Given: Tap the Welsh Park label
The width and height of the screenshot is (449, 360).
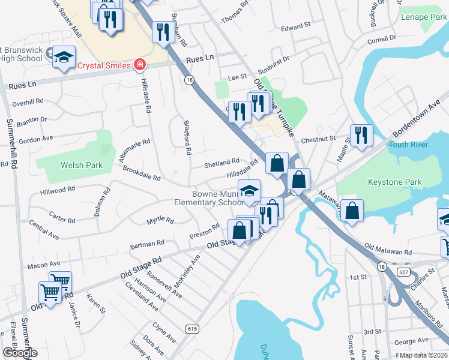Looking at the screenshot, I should point(81,165).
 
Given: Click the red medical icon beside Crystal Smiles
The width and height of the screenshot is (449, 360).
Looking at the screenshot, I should point(140,64).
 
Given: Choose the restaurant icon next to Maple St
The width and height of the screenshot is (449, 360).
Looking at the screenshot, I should point(361,135).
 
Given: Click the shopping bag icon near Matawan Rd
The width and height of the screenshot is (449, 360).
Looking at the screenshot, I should point(353,211).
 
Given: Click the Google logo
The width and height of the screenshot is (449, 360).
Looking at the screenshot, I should point(19,352).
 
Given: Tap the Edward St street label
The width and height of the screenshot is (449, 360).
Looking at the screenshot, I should point(295,26).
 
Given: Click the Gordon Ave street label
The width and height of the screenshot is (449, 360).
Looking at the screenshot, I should point(36,139).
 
